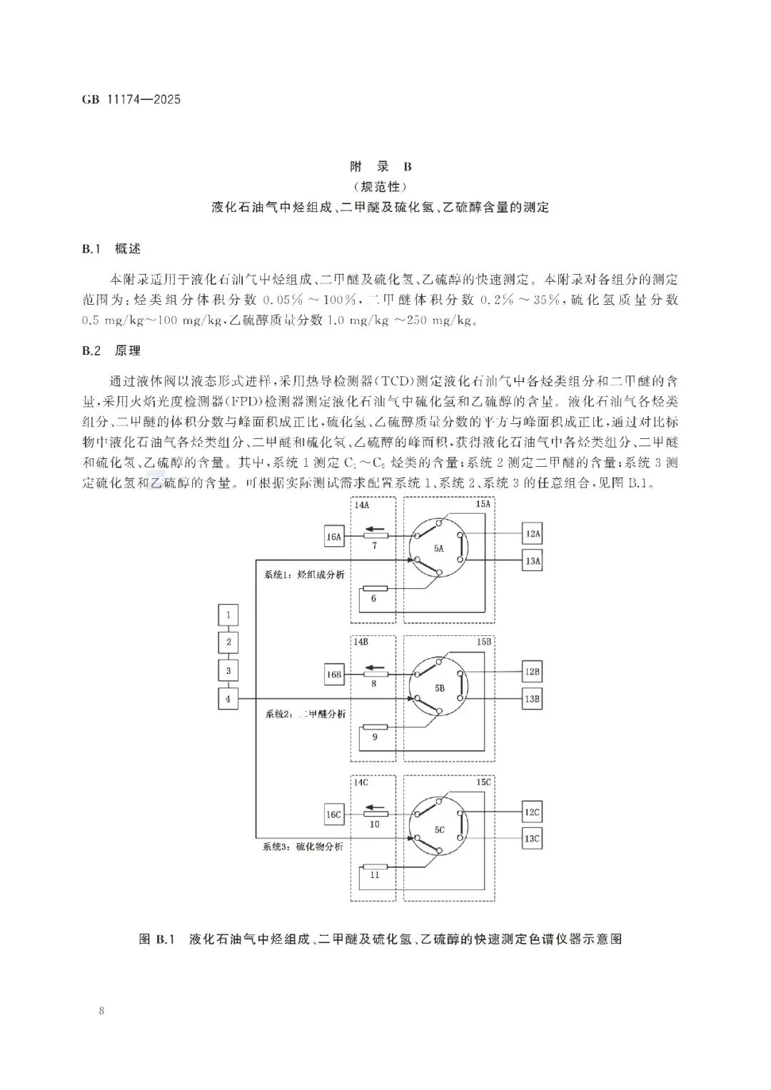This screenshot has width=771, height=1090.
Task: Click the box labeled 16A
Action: (334, 538)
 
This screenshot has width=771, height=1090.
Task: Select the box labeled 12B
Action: (532, 672)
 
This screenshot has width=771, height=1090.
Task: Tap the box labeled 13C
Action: (532, 839)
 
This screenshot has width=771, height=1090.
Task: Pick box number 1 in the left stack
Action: (228, 615)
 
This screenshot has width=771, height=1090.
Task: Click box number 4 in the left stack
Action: (228, 699)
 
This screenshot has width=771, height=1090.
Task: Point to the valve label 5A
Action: (438, 548)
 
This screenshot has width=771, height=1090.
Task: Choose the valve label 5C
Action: (438, 829)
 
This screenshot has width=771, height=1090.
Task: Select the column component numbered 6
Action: (374, 589)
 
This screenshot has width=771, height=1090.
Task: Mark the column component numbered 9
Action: (374, 727)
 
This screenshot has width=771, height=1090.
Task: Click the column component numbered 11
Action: (374, 867)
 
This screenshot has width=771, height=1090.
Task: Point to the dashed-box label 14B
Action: (361, 642)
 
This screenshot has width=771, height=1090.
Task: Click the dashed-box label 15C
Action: (483, 782)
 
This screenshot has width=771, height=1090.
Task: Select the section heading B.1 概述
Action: (111, 249)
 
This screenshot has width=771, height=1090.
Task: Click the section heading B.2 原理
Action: (111, 350)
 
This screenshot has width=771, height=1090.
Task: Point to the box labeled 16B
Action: (334, 675)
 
